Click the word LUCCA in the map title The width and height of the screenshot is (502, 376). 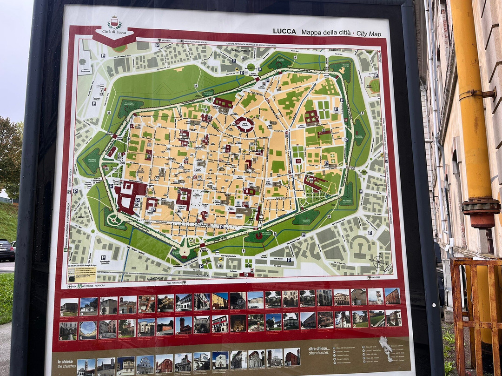tap(284, 32)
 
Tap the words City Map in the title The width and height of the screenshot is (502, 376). tap(369, 33)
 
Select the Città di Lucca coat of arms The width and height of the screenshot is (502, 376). tap(114, 23)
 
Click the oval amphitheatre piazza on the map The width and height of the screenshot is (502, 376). tap(244, 124)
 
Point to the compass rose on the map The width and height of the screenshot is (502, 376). tap(378, 262)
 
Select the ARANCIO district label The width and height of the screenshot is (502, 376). tap(378, 185)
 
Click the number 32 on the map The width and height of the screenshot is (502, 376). tap(298, 161)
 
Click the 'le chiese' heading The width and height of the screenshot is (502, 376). tap(65, 362)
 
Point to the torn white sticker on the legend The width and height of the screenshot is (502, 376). tap(386, 348)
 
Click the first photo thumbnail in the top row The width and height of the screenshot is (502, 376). tap(69, 307)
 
